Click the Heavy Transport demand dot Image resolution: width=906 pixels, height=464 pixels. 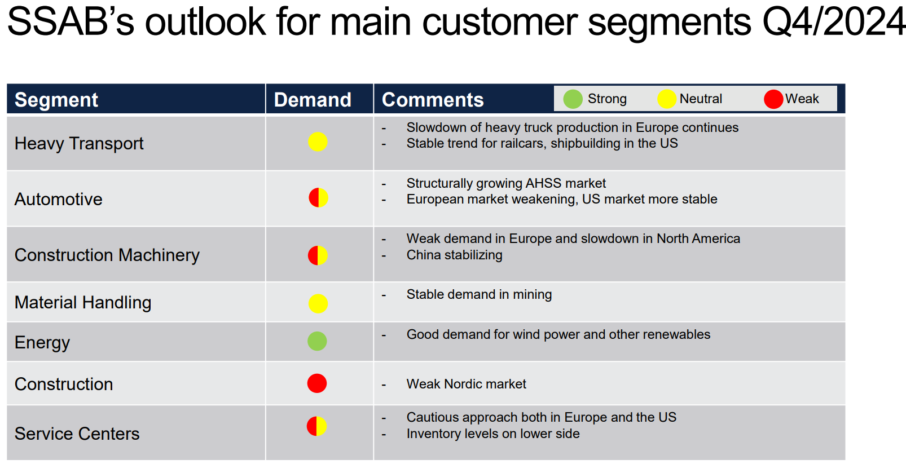[318, 142]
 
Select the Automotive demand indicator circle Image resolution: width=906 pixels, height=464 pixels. [318, 198]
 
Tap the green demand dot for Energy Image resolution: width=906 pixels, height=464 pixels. [317, 341]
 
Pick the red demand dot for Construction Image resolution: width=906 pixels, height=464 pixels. [316, 383]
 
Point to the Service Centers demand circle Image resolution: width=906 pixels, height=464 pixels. [316, 426]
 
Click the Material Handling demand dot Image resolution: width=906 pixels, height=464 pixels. [318, 303]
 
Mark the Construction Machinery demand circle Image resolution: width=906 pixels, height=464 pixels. [318, 255]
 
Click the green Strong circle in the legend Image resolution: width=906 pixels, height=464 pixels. [573, 99]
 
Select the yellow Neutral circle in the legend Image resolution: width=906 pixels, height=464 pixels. [667, 99]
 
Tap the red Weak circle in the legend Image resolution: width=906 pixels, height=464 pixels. [773, 99]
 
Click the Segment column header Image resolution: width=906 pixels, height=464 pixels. [56, 100]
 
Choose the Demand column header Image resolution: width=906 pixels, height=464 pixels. [313, 100]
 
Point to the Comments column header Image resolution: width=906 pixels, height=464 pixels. [432, 100]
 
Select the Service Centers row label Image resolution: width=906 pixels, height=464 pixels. [77, 434]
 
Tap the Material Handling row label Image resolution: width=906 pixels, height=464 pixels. [83, 303]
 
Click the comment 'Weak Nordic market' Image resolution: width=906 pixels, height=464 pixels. [467, 384]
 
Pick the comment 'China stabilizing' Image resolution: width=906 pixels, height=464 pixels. [454, 255]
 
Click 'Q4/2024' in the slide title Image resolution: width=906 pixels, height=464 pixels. [833, 21]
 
